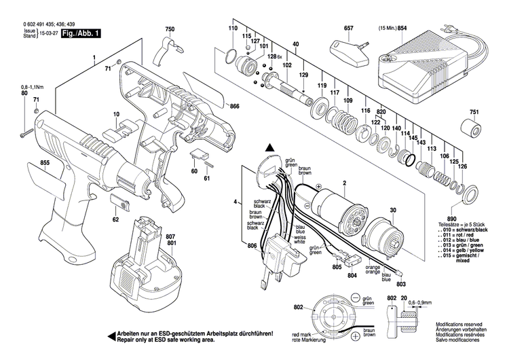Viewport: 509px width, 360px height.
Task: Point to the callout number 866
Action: (234, 107)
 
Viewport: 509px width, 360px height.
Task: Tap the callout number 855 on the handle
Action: (25, 164)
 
